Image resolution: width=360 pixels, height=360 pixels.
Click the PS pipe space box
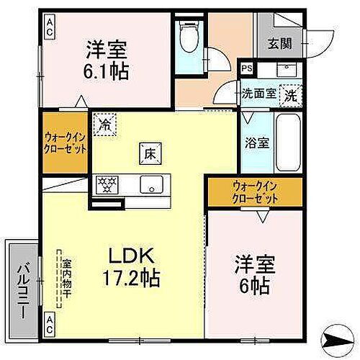[x=247, y=70]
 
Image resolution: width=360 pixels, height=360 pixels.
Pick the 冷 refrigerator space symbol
[x=104, y=124]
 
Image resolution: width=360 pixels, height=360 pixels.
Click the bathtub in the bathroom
[x=288, y=141]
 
